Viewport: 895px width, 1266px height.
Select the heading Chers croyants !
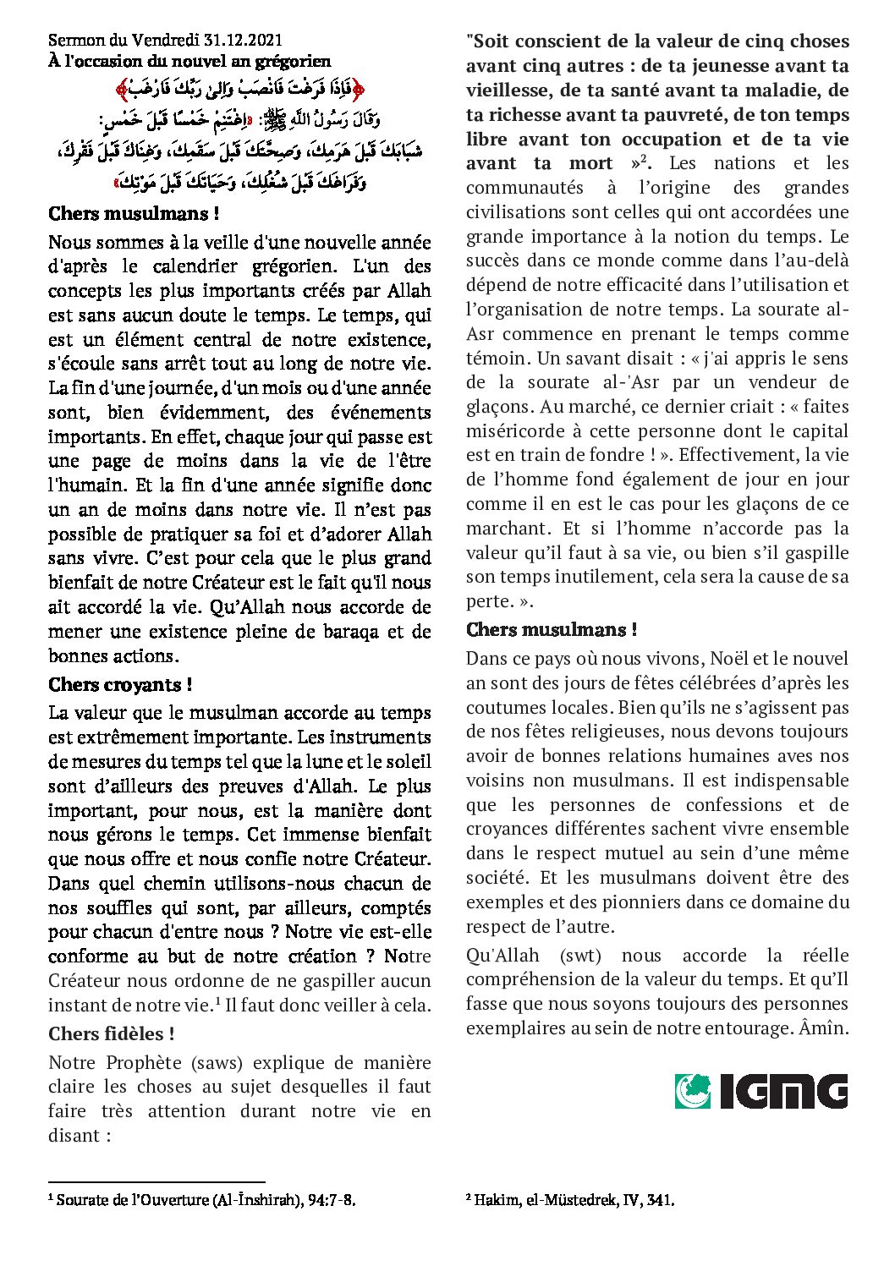120,684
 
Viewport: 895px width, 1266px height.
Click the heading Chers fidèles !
112,1033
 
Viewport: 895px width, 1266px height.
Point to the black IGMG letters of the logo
783,1091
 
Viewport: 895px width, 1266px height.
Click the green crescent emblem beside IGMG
693,1091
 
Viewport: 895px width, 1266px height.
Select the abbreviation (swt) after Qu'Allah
580,955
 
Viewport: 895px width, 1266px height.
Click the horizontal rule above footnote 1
156,1182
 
